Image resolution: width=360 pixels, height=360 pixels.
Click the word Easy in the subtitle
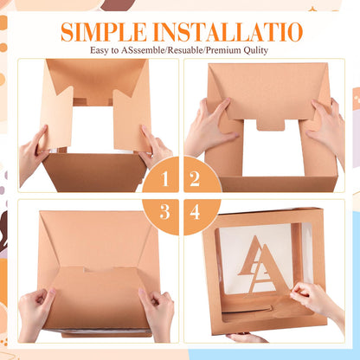click(x=100, y=51)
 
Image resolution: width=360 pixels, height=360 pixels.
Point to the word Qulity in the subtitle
click(x=256, y=51)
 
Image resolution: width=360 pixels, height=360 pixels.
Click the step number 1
click(x=165, y=179)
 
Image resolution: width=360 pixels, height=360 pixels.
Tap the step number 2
click(x=195, y=179)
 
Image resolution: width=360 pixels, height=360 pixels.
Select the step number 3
click(x=164, y=212)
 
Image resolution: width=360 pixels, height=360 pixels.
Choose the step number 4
click(x=195, y=212)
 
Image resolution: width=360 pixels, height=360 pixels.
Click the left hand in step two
click(x=209, y=127)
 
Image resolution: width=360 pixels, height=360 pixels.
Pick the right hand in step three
click(x=157, y=313)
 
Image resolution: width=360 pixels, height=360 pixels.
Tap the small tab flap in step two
click(x=270, y=125)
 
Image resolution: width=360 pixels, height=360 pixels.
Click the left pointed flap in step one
click(x=56, y=119)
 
